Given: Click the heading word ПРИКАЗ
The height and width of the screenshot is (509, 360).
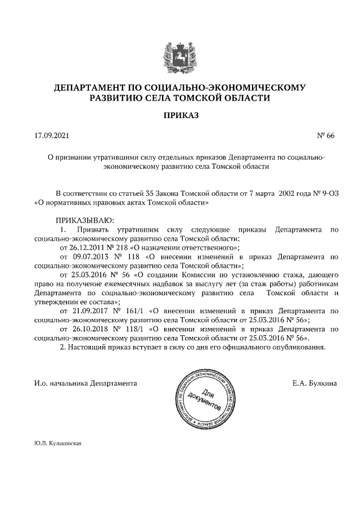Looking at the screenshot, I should click(179, 116).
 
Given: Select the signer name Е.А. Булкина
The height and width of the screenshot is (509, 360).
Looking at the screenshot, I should click(314, 383).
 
